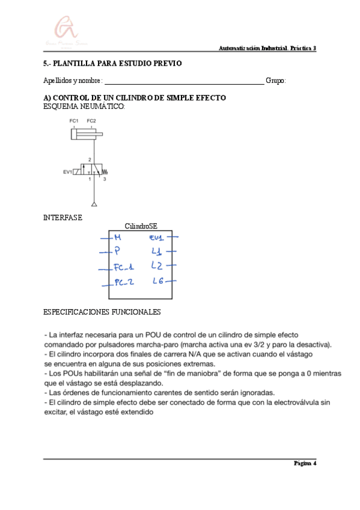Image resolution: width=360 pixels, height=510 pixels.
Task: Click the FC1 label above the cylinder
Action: (x=75, y=121)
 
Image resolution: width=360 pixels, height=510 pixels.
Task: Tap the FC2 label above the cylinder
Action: (x=91, y=121)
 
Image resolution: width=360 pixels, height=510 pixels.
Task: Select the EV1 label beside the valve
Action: (x=68, y=171)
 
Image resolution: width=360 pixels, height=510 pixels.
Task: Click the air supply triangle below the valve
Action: (x=93, y=205)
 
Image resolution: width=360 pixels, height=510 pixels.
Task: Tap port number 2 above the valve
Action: (x=90, y=160)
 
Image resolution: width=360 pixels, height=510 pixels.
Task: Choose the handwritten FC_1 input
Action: (x=124, y=268)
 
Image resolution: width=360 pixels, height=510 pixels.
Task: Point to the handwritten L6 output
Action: (x=158, y=281)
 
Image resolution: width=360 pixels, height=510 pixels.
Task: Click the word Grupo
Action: (x=276, y=81)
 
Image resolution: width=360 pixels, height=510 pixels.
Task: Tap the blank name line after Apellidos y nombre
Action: (x=184, y=81)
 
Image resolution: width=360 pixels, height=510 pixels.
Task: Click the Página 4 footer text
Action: (x=304, y=463)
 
